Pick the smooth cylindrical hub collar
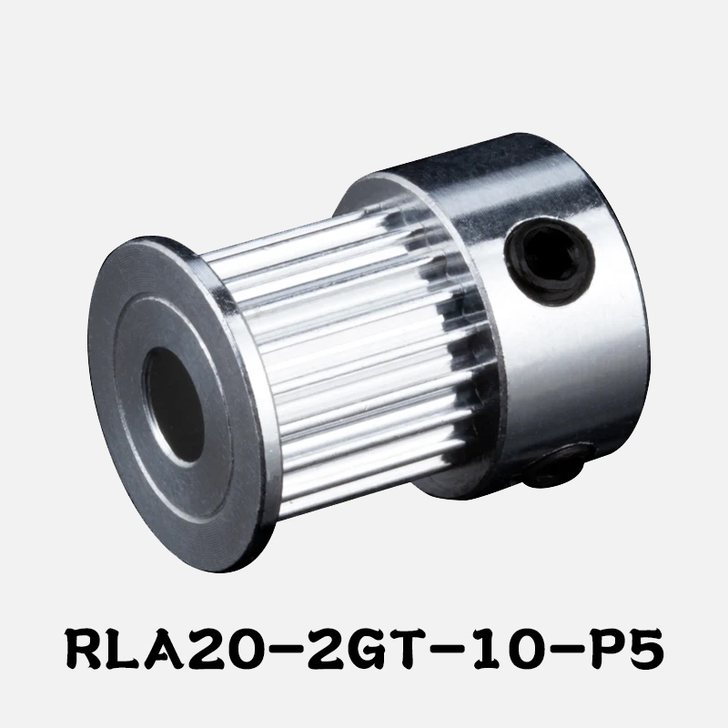(564, 300)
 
